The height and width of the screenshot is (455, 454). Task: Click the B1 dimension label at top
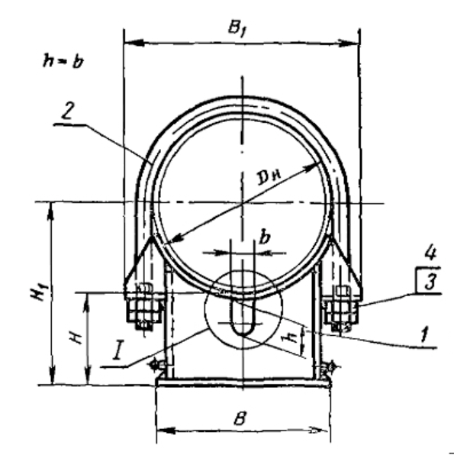point(237,29)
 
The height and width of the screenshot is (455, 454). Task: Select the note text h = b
point(63,61)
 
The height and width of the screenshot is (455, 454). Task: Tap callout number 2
point(68,111)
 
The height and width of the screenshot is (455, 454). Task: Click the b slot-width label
point(265,237)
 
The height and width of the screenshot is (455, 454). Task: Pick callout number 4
point(430,253)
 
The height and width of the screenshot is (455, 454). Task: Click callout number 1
point(425,334)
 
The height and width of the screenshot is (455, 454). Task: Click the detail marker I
point(118,352)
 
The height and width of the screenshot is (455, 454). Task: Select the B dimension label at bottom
point(240,418)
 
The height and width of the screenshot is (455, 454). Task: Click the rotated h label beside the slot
point(292,337)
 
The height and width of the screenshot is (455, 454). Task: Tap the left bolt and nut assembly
point(144,307)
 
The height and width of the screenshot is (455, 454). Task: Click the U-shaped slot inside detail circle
point(243,317)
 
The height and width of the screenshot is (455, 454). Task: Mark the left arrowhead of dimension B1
point(134,43)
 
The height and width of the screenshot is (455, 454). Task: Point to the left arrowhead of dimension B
point(166,430)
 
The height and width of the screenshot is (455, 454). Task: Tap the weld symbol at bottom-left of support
point(156,364)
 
